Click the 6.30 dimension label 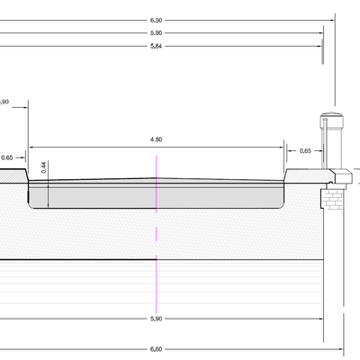156,21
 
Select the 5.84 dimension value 156,46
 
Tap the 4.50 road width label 156,139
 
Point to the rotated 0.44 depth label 44,167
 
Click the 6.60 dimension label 156,349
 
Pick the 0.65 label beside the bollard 305,151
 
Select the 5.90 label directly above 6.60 156,319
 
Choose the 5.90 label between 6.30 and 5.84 156,33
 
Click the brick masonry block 332,199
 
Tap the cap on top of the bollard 331,115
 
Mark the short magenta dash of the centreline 156,234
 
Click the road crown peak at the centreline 156,178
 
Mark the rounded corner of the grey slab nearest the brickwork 282,206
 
